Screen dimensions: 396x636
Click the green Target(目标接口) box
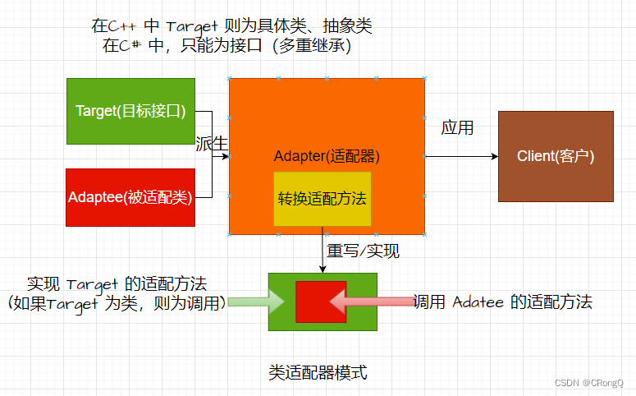click(x=130, y=111)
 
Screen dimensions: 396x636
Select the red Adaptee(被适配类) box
click(x=130, y=197)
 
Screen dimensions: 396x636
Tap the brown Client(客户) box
click(x=556, y=156)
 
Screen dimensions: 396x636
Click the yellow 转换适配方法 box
click(x=322, y=198)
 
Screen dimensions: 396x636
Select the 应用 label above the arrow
click(x=457, y=128)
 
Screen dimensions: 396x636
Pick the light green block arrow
click(x=255, y=302)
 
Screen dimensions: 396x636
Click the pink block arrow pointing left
click(x=369, y=302)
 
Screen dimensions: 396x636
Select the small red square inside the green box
click(x=320, y=302)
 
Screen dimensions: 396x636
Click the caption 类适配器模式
click(x=318, y=372)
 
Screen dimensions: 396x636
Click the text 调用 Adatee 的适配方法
click(x=502, y=302)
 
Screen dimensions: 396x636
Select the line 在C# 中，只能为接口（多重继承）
click(x=227, y=46)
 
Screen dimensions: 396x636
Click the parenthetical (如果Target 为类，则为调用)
click(x=116, y=303)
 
